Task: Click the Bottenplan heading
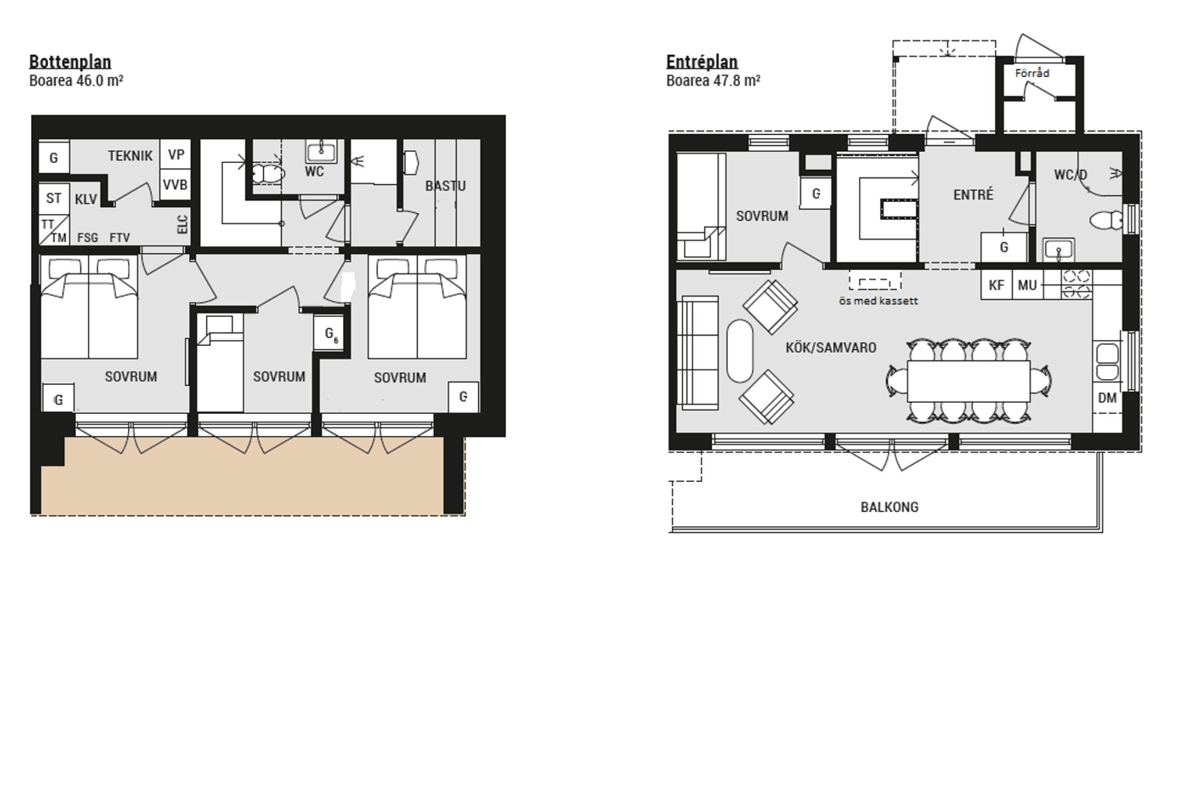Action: (x=70, y=62)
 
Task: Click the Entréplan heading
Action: (x=702, y=62)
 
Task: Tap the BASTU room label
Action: (x=445, y=186)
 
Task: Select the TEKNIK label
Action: (x=130, y=156)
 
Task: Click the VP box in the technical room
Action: (x=175, y=155)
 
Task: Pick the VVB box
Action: (x=175, y=185)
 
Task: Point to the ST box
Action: (x=53, y=198)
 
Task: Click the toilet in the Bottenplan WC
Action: (x=268, y=173)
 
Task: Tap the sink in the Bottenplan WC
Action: (x=321, y=152)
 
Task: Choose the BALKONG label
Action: (x=890, y=507)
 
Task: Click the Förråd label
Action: (x=1032, y=73)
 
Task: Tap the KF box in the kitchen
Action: (x=997, y=285)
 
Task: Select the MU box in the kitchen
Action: (x=1027, y=285)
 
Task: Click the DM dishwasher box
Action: (x=1107, y=398)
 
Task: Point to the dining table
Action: (x=969, y=381)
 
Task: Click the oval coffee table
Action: (x=740, y=351)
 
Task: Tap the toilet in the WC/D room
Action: (x=1106, y=221)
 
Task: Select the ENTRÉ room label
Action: (x=973, y=195)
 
